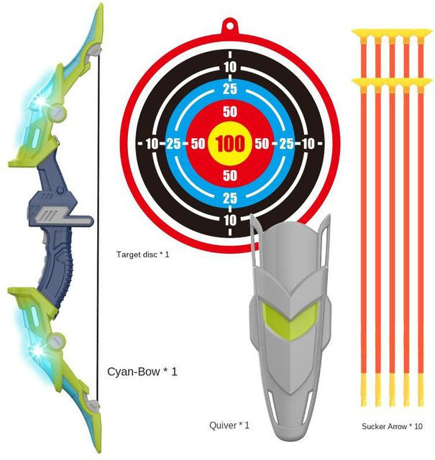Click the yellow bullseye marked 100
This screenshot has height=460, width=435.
click(230, 144)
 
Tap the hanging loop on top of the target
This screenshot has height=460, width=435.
click(230, 26)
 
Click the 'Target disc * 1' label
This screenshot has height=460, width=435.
click(142, 254)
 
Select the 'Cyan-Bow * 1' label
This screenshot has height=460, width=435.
click(142, 372)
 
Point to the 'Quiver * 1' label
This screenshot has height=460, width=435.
click(229, 425)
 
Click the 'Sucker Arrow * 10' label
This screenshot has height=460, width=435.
click(392, 426)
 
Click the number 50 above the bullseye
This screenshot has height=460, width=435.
click(230, 111)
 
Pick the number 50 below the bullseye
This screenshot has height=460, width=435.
click(230, 175)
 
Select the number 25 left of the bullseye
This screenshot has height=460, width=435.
click(173, 144)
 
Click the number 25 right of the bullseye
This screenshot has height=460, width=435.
click(286, 144)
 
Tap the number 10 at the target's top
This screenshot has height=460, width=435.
click(230, 67)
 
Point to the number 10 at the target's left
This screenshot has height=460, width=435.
click(152, 144)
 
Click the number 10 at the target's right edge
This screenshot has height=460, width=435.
click(308, 144)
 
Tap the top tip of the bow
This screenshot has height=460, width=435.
click(101, 5)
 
